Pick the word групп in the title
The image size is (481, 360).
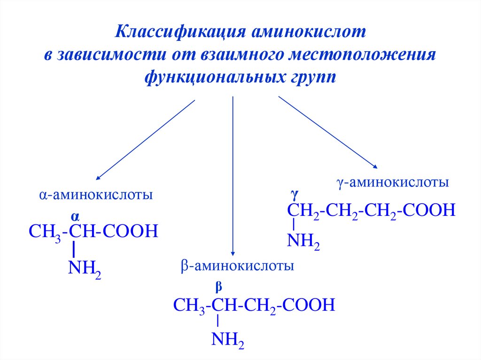(x=310, y=77)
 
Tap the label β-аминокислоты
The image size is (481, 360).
(x=237, y=267)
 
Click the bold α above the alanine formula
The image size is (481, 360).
(x=75, y=216)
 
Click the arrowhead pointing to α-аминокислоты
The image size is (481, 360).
(x=98, y=178)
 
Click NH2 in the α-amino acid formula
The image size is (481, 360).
(x=85, y=269)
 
